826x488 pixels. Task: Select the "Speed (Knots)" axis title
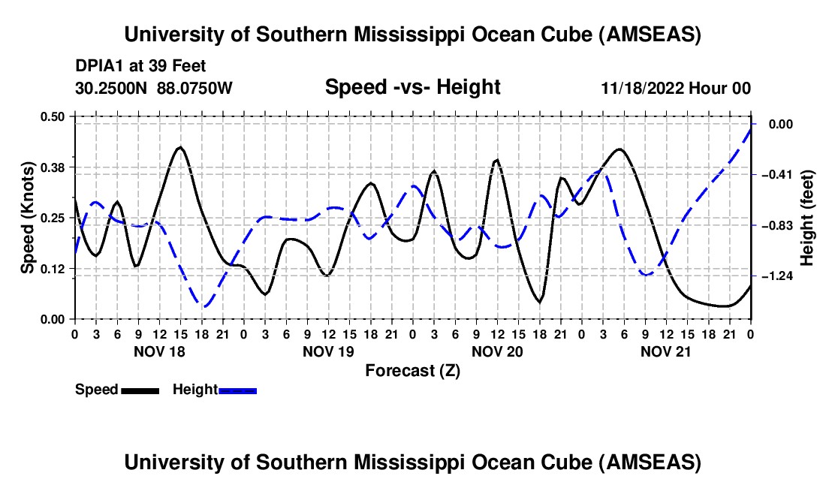29,218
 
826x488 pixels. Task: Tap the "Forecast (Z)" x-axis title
412,370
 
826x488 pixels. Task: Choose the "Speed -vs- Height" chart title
412,88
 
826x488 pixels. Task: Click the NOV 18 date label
159,351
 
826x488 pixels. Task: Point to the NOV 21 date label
666,351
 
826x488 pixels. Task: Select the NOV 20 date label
497,351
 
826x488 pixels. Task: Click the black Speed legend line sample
140,390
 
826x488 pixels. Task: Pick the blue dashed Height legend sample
237,390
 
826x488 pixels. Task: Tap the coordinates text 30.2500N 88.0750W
154,89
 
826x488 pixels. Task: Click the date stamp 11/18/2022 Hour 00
676,89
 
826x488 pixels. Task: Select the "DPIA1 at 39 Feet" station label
141,66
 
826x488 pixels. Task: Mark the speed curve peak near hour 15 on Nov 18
179,147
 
